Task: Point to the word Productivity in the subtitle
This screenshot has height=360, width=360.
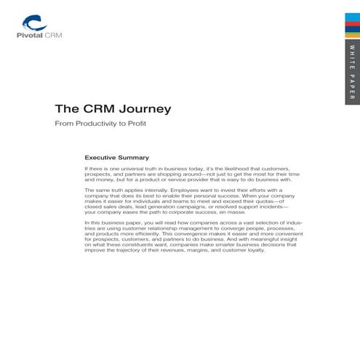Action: [96, 124]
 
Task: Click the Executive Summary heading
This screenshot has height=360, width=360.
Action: [117, 157]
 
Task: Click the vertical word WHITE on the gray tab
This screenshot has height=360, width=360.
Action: [352, 55]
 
